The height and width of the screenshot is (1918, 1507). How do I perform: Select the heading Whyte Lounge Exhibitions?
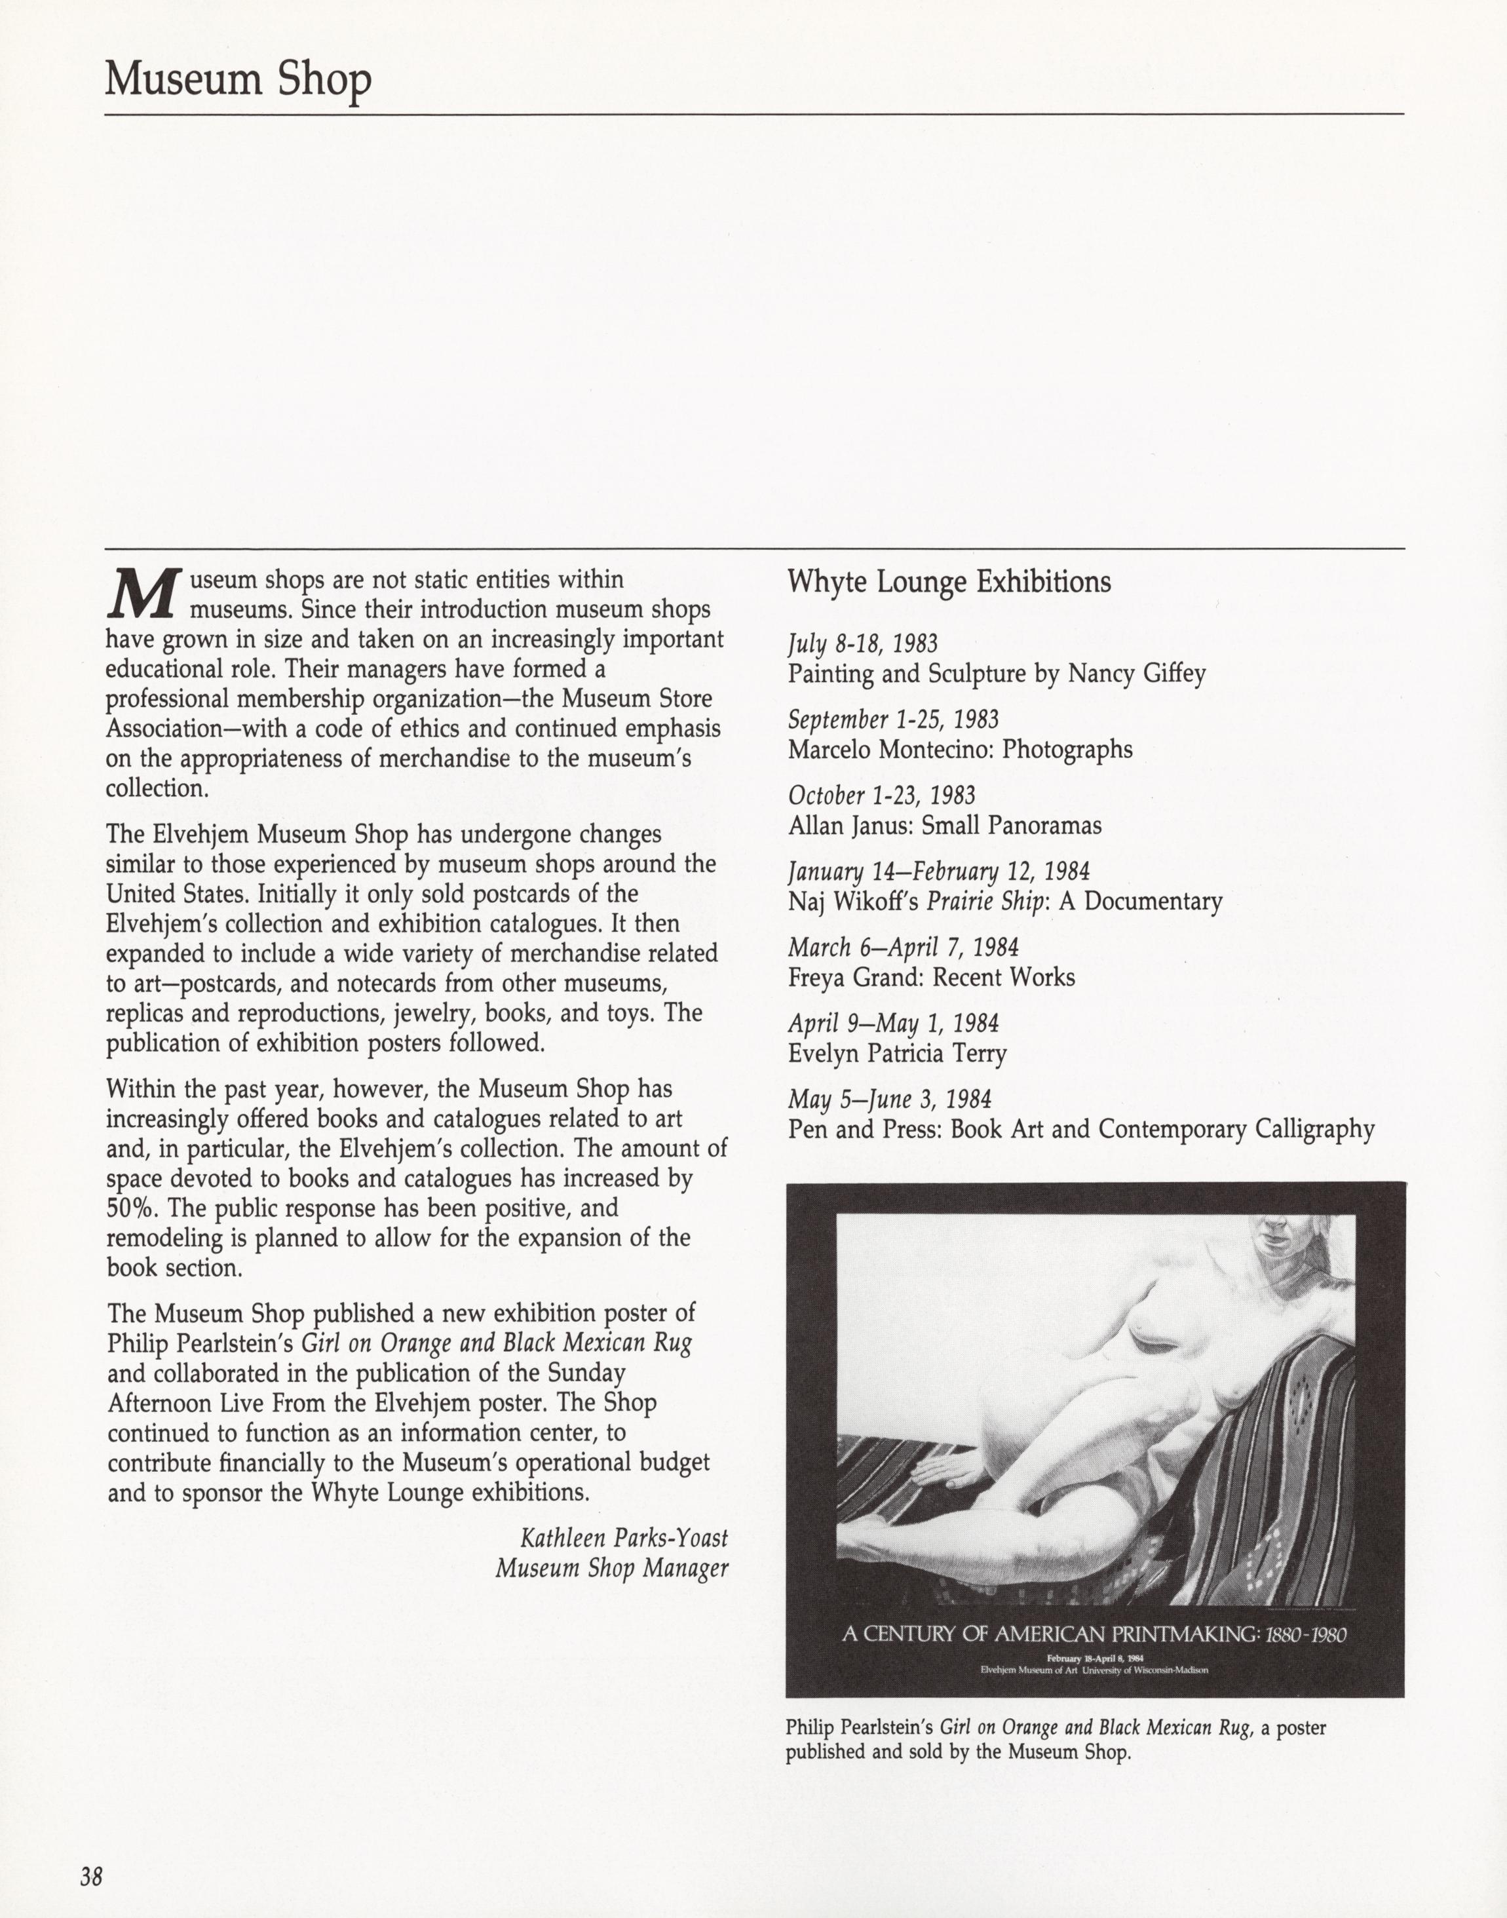949,583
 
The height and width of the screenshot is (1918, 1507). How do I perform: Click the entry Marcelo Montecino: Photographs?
959,750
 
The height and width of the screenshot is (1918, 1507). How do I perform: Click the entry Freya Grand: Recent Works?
931,978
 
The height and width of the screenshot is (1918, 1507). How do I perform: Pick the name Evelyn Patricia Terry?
896,1054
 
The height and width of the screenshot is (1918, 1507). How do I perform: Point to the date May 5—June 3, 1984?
888,1100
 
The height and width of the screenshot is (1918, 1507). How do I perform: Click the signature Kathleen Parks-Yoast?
624,1539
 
